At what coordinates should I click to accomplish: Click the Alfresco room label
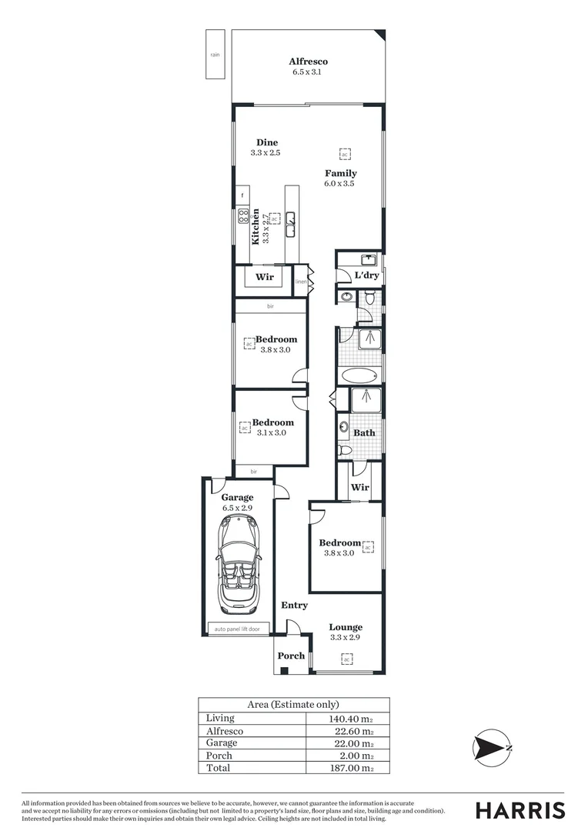pos(309,62)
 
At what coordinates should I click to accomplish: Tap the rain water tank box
pos(215,54)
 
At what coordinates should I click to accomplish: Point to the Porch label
pos(291,656)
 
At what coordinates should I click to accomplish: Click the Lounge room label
pos(346,627)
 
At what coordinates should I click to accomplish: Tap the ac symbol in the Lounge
pos(346,659)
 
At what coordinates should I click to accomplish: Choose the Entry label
pos(294,606)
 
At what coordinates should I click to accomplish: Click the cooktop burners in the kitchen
pos(243,215)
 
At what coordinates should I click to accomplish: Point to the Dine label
pos(267,142)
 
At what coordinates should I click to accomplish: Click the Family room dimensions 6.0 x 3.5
pos(340,184)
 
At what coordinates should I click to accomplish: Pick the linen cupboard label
pos(301,282)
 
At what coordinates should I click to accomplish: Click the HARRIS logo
pos(520,809)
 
